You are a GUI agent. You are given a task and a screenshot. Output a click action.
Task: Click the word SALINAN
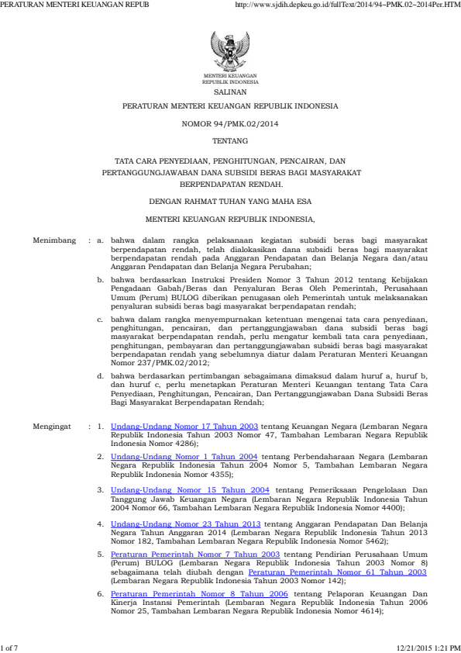click(x=230, y=90)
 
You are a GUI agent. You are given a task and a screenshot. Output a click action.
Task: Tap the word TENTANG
click(x=230, y=142)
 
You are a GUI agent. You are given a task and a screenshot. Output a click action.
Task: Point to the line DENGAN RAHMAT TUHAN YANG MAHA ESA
click(x=230, y=202)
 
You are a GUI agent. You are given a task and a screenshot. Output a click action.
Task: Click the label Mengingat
click(x=53, y=427)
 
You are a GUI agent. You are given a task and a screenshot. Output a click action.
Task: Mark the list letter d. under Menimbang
click(x=101, y=375)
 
